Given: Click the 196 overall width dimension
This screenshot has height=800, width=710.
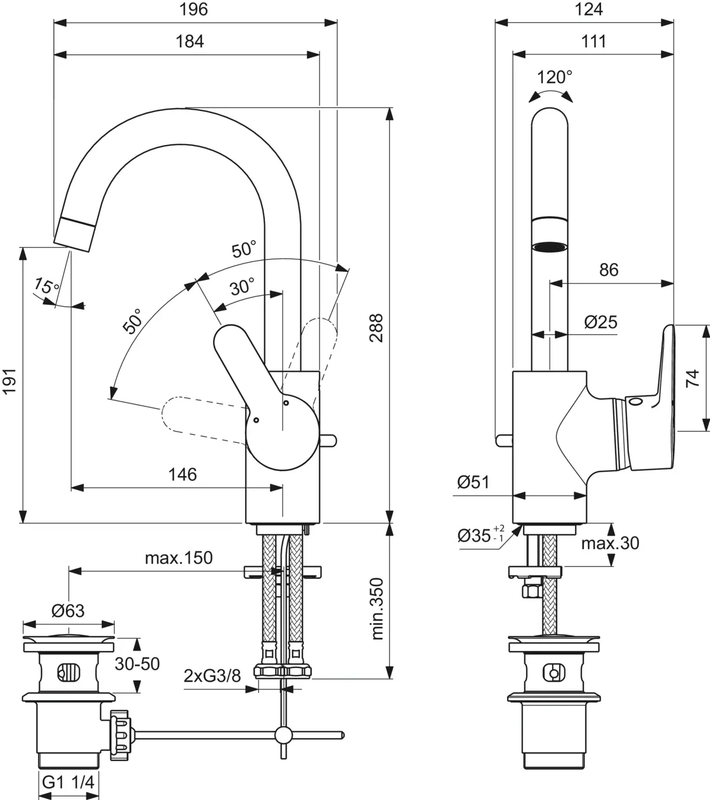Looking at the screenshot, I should [195, 10].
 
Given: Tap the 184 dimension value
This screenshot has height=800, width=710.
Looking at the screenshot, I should [189, 41].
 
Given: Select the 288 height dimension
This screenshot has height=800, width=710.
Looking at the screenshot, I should [376, 328].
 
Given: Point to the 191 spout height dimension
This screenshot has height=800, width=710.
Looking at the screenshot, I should [10, 385].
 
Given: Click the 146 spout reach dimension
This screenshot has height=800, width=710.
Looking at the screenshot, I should [183, 475].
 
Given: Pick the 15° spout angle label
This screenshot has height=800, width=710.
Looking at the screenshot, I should [46, 287].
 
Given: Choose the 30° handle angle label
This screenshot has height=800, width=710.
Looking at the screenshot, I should [242, 288].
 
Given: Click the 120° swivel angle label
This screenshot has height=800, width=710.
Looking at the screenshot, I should [554, 77].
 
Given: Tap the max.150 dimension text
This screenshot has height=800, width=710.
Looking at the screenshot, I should [178, 558].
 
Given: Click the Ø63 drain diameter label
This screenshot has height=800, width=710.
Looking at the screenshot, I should [67, 611].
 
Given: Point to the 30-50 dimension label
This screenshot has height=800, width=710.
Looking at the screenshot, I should [137, 664].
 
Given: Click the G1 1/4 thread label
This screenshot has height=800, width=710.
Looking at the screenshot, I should [68, 782].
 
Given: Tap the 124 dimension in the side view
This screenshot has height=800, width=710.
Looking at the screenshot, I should [589, 10].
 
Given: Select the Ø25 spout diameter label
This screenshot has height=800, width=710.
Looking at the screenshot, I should [600, 322].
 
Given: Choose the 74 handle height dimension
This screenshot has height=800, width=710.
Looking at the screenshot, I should [693, 378].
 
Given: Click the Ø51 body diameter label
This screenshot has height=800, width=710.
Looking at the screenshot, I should [473, 482].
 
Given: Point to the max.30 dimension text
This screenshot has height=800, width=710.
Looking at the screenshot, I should [610, 543].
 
